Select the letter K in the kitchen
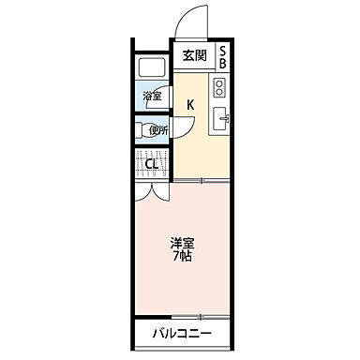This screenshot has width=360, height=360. [x=189, y=105]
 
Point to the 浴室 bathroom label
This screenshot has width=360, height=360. [x=151, y=97]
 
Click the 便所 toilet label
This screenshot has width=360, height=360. [x=157, y=130]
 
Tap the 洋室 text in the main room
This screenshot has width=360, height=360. [x=182, y=243]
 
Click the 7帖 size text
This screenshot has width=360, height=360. [x=182, y=256]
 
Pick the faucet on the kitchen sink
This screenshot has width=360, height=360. [x=224, y=118]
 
